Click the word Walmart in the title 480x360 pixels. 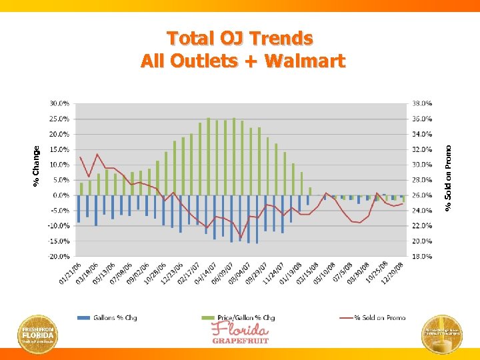pos(305,61)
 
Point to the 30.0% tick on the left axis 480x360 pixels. pos(58,103)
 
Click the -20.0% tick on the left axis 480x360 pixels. pos(57,256)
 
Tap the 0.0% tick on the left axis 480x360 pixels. pos(60,195)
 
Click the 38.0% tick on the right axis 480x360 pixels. pos(422,103)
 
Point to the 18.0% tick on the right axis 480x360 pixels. pos(422,256)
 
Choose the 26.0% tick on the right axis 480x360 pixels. pos(422,195)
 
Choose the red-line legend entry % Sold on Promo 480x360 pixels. pos(371,318)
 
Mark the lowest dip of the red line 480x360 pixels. pos(241,238)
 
